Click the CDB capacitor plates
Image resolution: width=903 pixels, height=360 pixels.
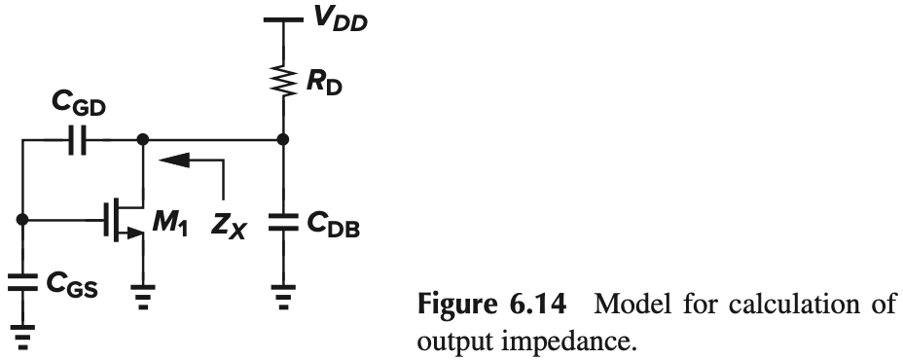(282, 223)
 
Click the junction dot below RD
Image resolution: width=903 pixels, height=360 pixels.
(282, 141)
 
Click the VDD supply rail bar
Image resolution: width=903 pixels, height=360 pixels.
(282, 18)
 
